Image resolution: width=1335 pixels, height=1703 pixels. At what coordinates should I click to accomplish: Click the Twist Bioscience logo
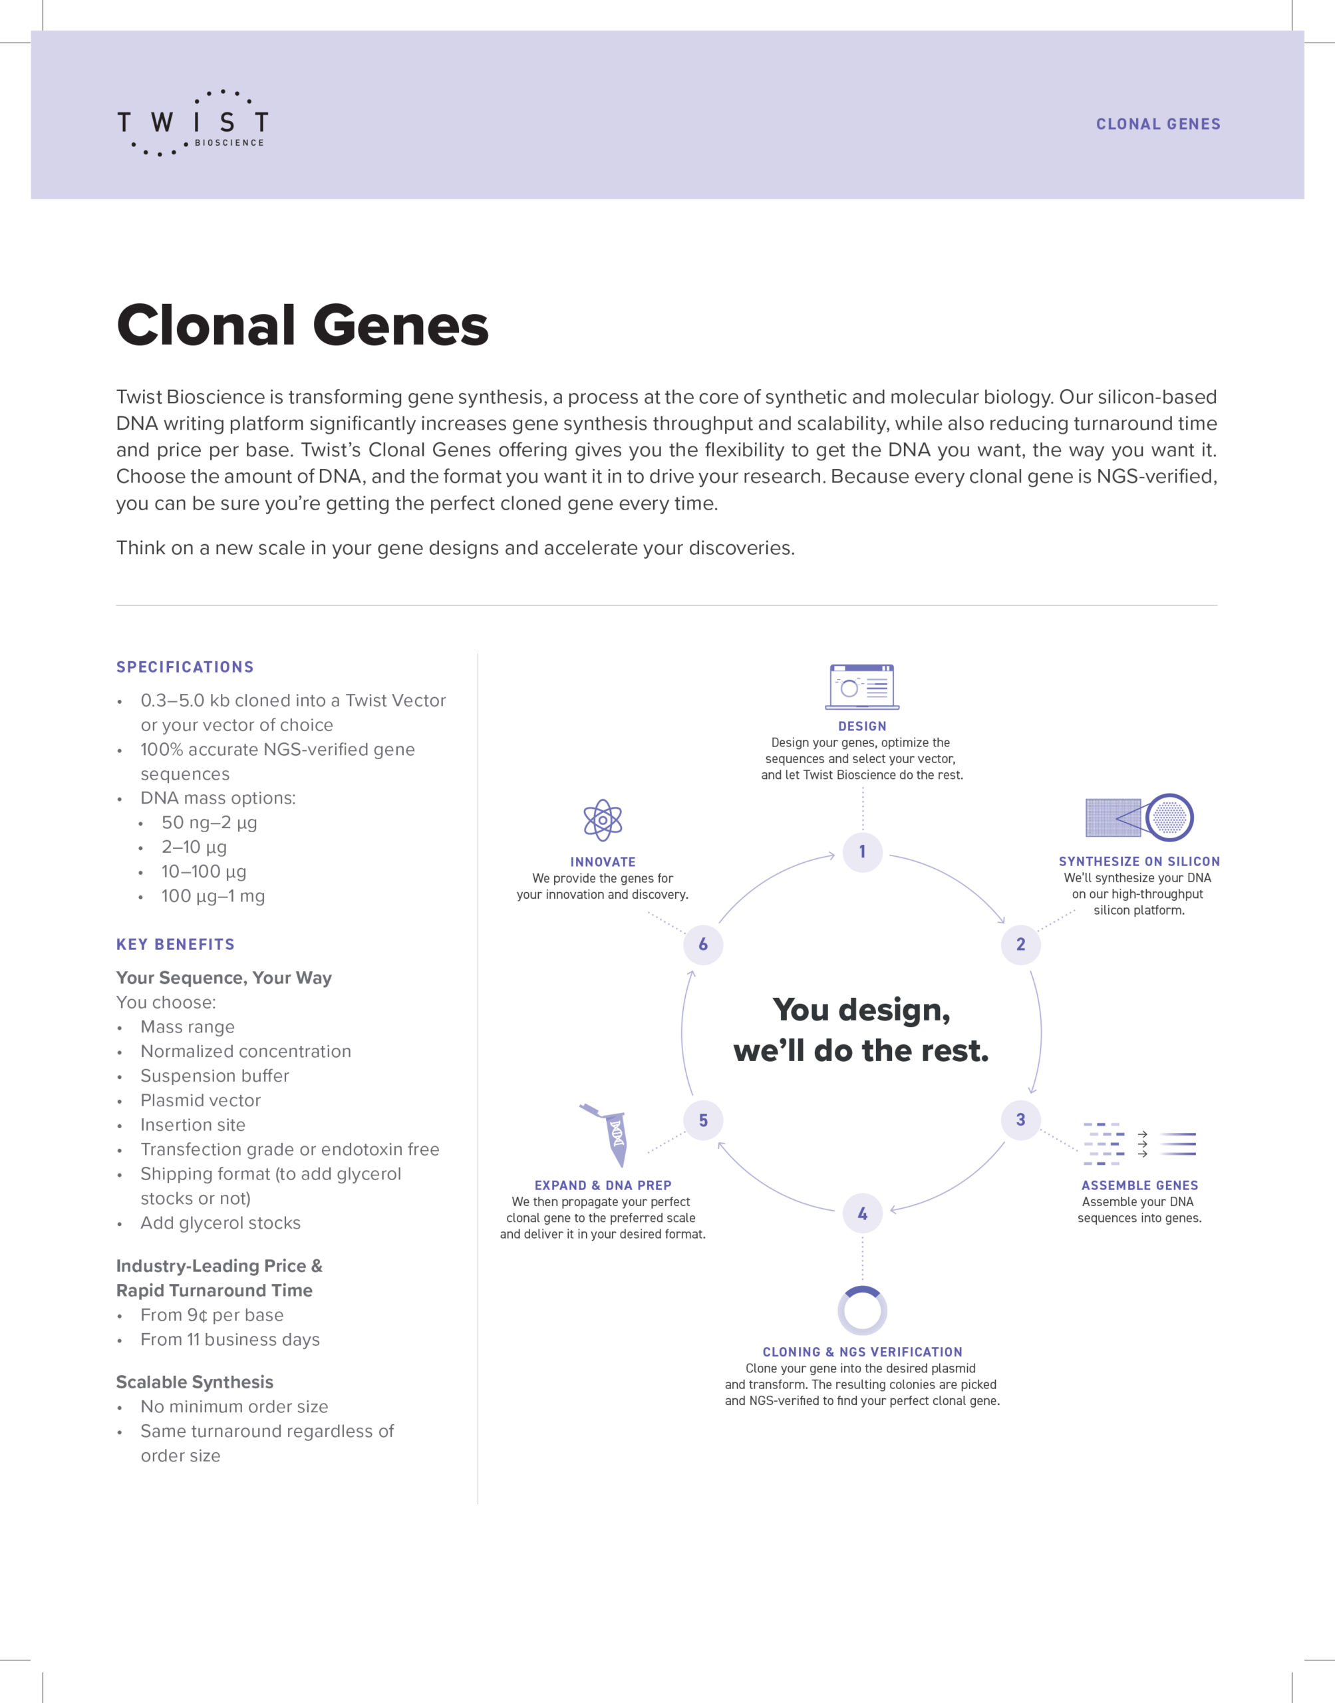(x=192, y=122)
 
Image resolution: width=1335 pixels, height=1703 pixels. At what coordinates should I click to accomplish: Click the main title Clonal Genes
(x=303, y=325)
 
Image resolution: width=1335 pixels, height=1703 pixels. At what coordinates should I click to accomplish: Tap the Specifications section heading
(x=185, y=667)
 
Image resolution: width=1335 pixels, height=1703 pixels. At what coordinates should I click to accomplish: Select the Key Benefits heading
(x=175, y=944)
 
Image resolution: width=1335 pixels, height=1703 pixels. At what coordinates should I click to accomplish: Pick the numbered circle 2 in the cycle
(x=1020, y=944)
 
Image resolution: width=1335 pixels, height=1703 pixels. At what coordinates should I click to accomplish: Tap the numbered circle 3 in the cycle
(x=1020, y=1119)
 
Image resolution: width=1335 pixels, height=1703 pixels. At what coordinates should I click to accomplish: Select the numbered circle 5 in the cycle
(x=702, y=1120)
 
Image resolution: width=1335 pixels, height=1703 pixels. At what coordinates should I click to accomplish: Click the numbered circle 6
(x=702, y=944)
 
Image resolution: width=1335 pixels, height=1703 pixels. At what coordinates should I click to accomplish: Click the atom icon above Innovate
(x=603, y=820)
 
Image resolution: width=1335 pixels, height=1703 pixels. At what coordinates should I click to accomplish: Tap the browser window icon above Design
(x=862, y=687)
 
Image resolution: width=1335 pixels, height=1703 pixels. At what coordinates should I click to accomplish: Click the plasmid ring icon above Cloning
(x=862, y=1311)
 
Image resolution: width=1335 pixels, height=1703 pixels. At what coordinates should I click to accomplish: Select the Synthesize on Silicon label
(x=1139, y=861)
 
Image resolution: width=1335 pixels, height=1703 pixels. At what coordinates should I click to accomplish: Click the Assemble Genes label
(x=1139, y=1185)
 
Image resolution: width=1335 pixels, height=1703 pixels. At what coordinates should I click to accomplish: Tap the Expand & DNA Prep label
(x=603, y=1185)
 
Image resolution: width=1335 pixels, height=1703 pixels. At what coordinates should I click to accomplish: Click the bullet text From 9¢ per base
(x=212, y=1315)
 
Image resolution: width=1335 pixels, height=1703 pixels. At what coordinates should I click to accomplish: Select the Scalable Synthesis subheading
(x=195, y=1382)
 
